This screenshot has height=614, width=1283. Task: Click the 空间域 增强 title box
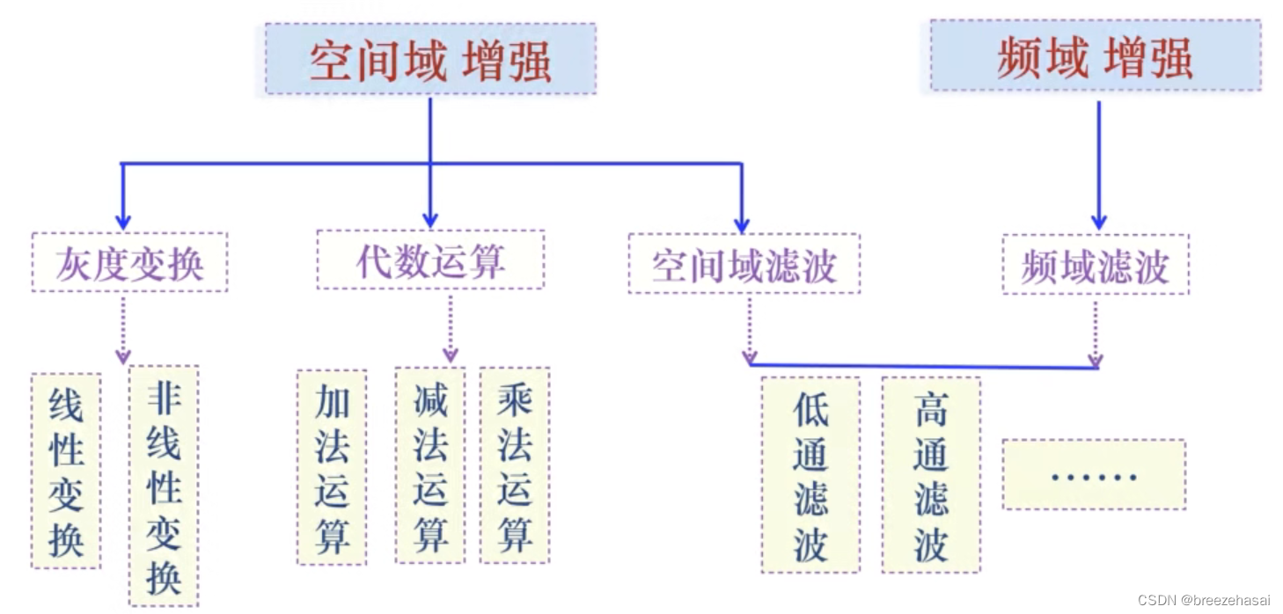coord(430,59)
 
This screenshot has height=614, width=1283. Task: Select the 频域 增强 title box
coord(1095,56)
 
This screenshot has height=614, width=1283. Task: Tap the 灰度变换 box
coord(129,262)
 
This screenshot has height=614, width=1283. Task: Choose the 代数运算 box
coord(430,259)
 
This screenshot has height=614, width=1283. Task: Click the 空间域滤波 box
coord(744,263)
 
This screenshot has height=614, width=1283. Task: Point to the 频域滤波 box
coord(1095,264)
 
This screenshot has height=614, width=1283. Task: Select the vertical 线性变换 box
coord(66,471)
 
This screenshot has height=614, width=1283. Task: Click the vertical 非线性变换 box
coord(164,486)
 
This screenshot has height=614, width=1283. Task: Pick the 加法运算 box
coord(332,466)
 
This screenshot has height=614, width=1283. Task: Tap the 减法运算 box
coord(430,465)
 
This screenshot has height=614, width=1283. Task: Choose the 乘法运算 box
coord(515,465)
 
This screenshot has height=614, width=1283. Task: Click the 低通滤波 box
coord(810,475)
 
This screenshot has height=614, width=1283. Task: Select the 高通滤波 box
coord(931,475)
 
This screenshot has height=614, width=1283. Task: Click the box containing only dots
coord(1094,475)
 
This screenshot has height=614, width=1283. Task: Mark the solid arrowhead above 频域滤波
coord(1098,221)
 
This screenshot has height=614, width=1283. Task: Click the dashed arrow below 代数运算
coord(451,329)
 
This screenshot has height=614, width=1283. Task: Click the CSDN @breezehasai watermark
coord(1203,600)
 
